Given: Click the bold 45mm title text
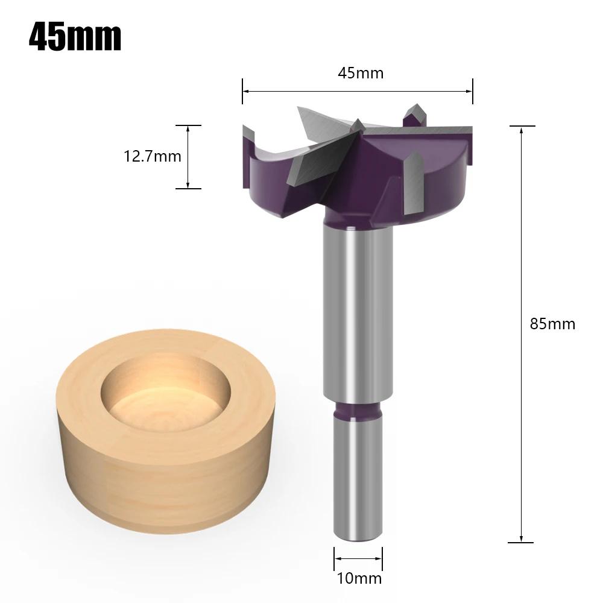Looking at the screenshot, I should (75, 37).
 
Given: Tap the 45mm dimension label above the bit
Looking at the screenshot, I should (360, 74).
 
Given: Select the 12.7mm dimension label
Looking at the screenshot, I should (153, 157).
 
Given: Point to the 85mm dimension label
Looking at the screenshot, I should (552, 324).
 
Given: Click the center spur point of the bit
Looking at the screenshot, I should (358, 125).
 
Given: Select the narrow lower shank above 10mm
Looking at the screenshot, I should (358, 476).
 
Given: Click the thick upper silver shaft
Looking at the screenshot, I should (358, 314).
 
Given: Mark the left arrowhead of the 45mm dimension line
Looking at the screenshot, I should (245, 91).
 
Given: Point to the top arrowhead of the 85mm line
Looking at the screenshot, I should (521, 130).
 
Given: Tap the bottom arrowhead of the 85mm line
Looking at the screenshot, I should (521, 538).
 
